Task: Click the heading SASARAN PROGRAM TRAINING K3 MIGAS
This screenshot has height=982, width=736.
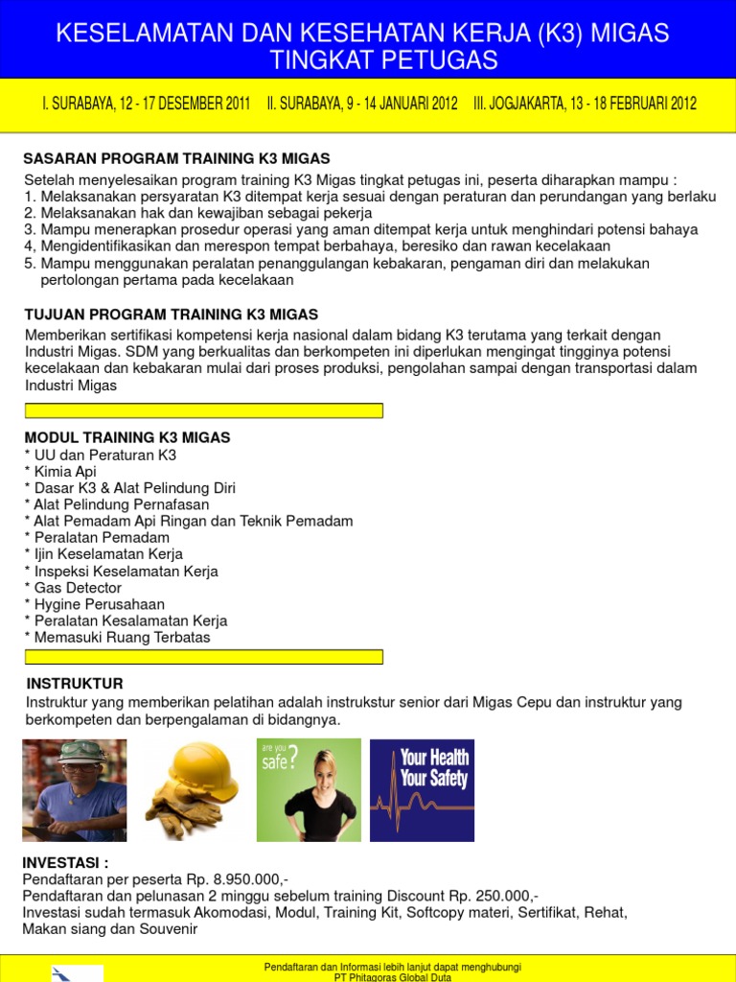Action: (x=176, y=158)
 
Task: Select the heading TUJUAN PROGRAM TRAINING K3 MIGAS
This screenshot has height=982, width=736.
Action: (x=171, y=315)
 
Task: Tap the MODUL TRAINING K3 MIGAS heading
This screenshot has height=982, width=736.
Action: (x=126, y=437)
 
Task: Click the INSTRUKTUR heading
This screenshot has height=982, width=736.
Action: (x=75, y=684)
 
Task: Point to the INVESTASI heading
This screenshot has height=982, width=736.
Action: (x=66, y=863)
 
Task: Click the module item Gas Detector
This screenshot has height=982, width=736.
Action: (x=77, y=588)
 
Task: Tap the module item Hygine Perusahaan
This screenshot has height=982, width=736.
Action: (x=99, y=604)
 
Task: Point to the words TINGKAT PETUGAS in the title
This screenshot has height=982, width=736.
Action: (x=383, y=61)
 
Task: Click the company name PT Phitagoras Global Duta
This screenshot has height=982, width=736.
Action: (x=392, y=976)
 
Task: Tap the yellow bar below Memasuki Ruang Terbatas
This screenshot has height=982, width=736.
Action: (x=203, y=657)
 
